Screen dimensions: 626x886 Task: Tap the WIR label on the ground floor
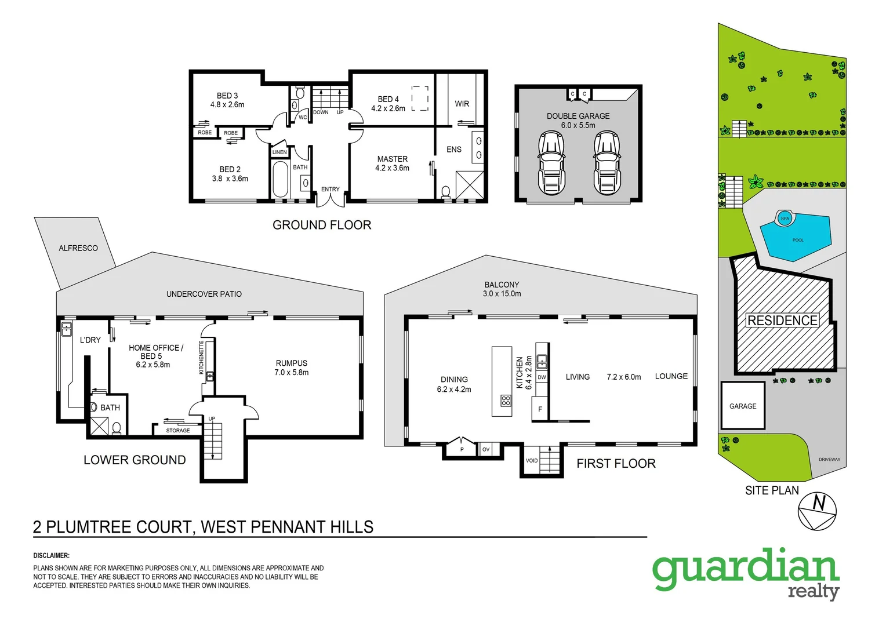(462, 104)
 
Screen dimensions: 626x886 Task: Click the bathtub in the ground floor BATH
(280, 179)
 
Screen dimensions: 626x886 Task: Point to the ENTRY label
(331, 190)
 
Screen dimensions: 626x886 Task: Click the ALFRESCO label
(78, 248)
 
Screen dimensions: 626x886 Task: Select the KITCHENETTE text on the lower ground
(202, 357)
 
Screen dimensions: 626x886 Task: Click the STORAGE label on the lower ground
(178, 431)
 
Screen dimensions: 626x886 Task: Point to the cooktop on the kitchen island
(506, 401)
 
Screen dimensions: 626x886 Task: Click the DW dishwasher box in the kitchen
(542, 377)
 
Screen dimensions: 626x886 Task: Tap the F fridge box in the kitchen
(540, 409)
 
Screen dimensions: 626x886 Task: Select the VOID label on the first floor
(532, 461)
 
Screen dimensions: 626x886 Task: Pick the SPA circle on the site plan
(785, 219)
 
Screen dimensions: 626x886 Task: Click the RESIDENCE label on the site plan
(782, 321)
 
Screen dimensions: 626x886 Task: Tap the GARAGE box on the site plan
(743, 406)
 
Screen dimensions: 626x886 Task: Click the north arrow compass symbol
(817, 511)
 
